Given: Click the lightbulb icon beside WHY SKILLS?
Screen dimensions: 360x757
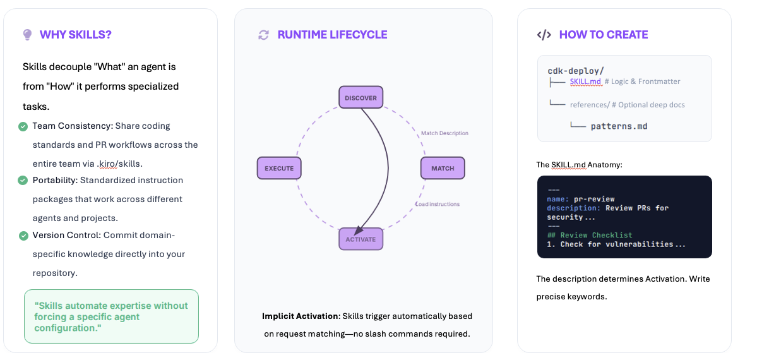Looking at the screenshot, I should [27, 35].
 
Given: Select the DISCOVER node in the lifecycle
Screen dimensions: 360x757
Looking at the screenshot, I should [361, 98].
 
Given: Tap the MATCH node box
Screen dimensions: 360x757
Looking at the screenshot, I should [443, 169].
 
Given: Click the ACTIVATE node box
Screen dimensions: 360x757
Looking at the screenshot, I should [361, 239].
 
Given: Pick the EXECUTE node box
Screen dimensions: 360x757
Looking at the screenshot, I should [279, 169].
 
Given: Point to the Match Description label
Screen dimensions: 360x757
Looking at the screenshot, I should [444, 133].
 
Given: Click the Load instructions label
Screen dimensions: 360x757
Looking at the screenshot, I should [438, 204].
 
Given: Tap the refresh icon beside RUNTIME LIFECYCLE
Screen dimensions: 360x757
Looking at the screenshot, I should [264, 35].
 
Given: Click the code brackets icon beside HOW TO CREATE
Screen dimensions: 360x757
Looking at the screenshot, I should [544, 35].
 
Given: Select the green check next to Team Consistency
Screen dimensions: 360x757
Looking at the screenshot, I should [23, 126].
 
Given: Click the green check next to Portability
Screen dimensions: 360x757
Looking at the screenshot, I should [23, 181].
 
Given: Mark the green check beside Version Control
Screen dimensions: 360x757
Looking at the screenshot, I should [23, 236].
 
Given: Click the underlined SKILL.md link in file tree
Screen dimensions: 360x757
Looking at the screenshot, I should [585, 81].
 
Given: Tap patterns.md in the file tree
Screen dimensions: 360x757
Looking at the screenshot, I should [619, 126].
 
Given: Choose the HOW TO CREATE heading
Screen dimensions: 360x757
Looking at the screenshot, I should [604, 35].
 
